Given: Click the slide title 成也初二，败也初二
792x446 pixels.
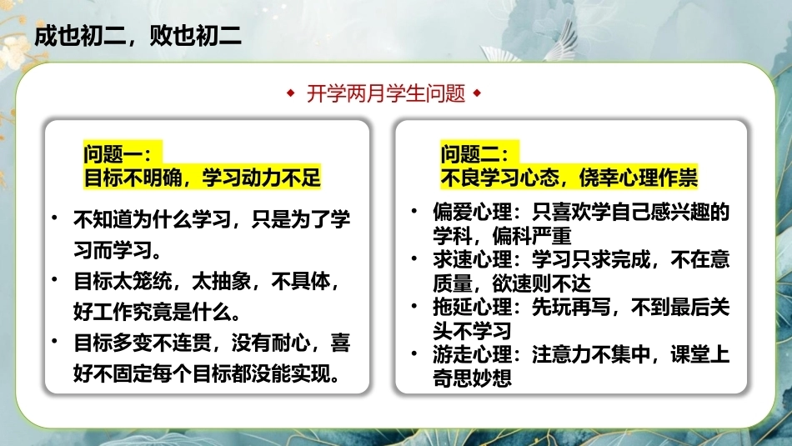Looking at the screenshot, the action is pyautogui.click(x=138, y=36).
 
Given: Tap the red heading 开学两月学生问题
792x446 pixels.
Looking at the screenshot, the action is pyautogui.click(x=386, y=93).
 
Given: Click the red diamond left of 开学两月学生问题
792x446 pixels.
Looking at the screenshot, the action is pyautogui.click(x=290, y=93).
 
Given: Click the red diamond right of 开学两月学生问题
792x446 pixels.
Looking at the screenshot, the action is pyautogui.click(x=478, y=93).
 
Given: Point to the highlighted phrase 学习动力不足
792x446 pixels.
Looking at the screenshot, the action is pyautogui.click(x=261, y=178).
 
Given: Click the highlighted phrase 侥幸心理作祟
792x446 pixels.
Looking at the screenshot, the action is pyautogui.click(x=638, y=178).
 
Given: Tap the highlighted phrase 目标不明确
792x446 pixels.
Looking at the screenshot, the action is pyautogui.click(x=133, y=178).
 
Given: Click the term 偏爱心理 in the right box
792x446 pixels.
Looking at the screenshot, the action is pyautogui.click(x=472, y=212).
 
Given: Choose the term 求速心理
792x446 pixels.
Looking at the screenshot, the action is pyautogui.click(x=472, y=259).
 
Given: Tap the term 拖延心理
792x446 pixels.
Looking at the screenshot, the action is pyautogui.click(x=472, y=307).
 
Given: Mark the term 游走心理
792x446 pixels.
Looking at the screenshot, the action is pyautogui.click(x=472, y=354).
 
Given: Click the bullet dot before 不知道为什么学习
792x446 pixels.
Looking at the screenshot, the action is pyautogui.click(x=54, y=218).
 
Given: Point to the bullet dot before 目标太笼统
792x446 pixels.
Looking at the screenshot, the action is pyautogui.click(x=54, y=279).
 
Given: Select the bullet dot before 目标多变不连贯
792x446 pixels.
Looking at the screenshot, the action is pyautogui.click(x=54, y=341).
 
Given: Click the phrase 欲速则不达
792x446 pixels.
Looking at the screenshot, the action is pyautogui.click(x=541, y=283).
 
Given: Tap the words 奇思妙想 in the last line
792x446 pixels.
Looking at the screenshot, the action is pyautogui.click(x=472, y=378).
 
